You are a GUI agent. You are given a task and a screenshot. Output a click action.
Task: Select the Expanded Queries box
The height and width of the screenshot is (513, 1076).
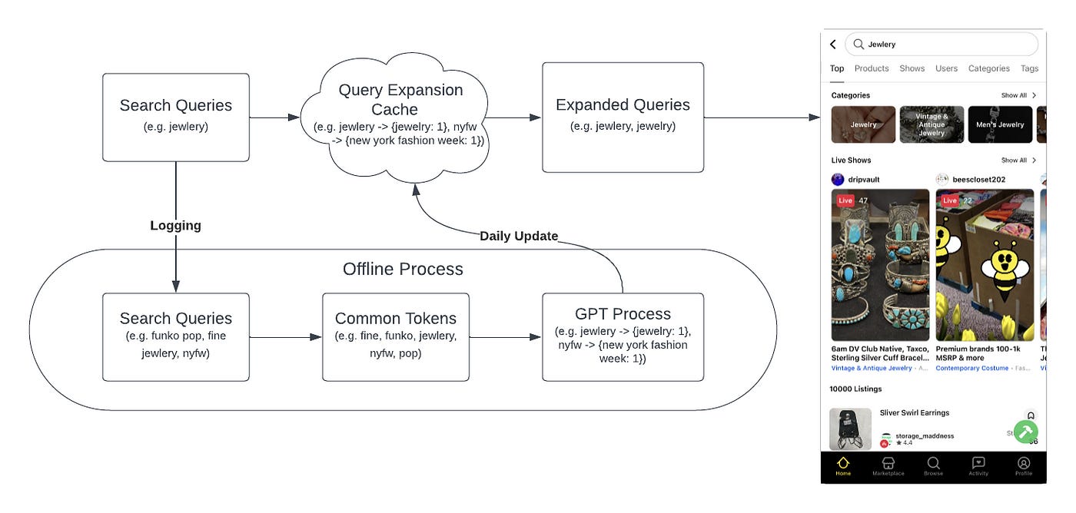[x=623, y=117]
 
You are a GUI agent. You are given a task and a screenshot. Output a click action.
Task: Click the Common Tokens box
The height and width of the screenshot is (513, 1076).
[x=395, y=336]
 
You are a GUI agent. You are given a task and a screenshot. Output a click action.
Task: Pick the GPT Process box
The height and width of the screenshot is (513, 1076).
[x=623, y=336]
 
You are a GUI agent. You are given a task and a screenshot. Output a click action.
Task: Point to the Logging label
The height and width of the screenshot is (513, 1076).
[x=175, y=225]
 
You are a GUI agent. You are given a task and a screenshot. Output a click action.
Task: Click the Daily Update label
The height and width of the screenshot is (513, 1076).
[x=519, y=236]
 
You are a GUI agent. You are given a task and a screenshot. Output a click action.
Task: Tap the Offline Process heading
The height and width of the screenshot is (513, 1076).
[x=403, y=269]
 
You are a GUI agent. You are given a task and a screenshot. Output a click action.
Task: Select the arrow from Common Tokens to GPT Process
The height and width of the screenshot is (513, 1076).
[x=505, y=337]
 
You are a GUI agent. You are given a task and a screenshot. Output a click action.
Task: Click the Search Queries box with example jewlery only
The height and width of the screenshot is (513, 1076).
[x=176, y=117]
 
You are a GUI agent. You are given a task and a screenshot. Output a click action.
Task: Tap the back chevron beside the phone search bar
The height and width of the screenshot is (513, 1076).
[x=833, y=45]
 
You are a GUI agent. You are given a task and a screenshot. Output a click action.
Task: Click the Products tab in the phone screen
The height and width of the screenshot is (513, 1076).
[x=872, y=68]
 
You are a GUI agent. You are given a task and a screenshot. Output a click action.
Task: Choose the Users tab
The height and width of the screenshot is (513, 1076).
[x=946, y=68]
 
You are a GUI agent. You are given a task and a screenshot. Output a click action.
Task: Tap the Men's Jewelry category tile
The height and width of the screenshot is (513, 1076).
[x=999, y=124]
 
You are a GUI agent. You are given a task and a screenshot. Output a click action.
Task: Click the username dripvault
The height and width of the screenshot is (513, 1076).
[x=864, y=180]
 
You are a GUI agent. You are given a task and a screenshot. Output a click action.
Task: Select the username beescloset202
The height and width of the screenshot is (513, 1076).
[x=979, y=180]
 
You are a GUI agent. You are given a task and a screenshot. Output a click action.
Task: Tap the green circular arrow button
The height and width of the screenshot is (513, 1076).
[x=1025, y=432]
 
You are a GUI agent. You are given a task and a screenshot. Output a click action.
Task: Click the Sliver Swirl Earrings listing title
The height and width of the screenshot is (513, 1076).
[x=915, y=413]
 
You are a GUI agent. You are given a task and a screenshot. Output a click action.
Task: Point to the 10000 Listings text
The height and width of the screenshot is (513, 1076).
[x=856, y=389]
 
